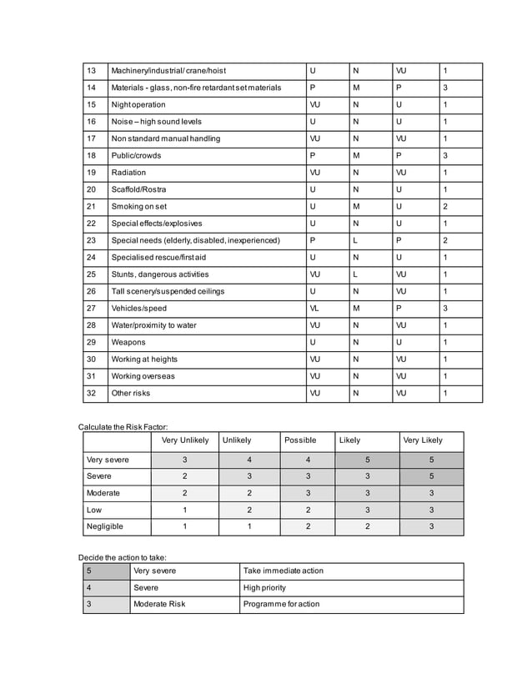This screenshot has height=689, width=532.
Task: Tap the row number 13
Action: pyautogui.click(x=93, y=71)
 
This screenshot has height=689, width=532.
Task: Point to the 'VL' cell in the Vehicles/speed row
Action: pyautogui.click(x=314, y=309)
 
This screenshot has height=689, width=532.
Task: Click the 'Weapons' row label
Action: pyautogui.click(x=128, y=342)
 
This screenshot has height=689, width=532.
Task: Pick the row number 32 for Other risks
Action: pyautogui.click(x=93, y=393)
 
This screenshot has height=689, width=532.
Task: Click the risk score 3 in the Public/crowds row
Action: pyautogui.click(x=446, y=156)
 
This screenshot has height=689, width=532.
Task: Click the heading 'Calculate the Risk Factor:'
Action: pyautogui.click(x=123, y=427)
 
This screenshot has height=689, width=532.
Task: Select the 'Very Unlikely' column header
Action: pyautogui.click(x=183, y=440)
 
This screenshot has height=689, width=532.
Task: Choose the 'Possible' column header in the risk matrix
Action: pyautogui.click(x=300, y=440)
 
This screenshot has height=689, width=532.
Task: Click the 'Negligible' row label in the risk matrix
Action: pyautogui.click(x=104, y=527)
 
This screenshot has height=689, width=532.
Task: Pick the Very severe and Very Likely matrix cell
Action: pyautogui.click(x=431, y=460)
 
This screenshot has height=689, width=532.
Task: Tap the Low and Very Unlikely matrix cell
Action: pyautogui.click(x=183, y=510)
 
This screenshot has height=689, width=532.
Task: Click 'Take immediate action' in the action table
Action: pyautogui.click(x=284, y=571)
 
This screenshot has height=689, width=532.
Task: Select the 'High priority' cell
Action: pyautogui.click(x=264, y=587)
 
